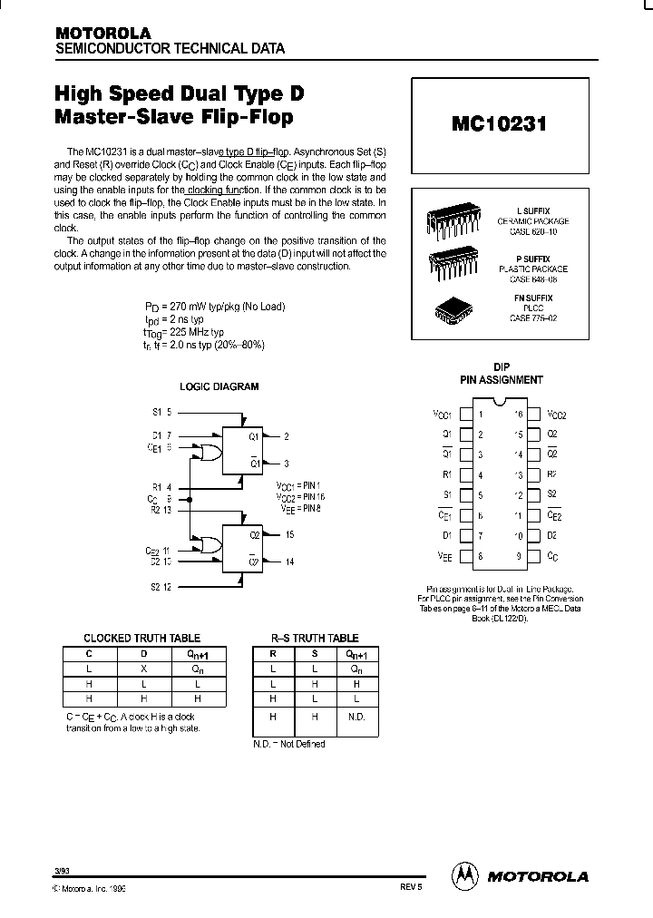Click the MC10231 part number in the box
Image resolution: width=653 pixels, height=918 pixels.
pyautogui.click(x=500, y=125)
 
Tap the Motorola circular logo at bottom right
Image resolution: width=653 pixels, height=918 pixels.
pyautogui.click(x=464, y=875)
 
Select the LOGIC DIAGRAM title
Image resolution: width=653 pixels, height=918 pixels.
pyautogui.click(x=219, y=386)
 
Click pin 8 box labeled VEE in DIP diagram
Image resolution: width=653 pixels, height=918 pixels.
pyautogui.click(x=466, y=556)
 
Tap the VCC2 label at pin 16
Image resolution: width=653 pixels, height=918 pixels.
pyautogui.click(x=556, y=415)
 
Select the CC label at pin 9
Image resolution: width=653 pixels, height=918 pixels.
pyautogui.click(x=552, y=556)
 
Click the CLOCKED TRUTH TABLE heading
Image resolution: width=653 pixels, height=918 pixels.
pyautogui.click(x=141, y=639)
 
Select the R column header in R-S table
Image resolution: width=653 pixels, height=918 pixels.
pyautogui.click(x=273, y=652)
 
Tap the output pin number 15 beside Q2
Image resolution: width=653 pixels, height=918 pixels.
pyautogui.click(x=288, y=534)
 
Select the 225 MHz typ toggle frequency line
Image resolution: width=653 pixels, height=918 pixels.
pyautogui.click(x=184, y=332)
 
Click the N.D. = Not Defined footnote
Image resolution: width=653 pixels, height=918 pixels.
pyautogui.click(x=288, y=744)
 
